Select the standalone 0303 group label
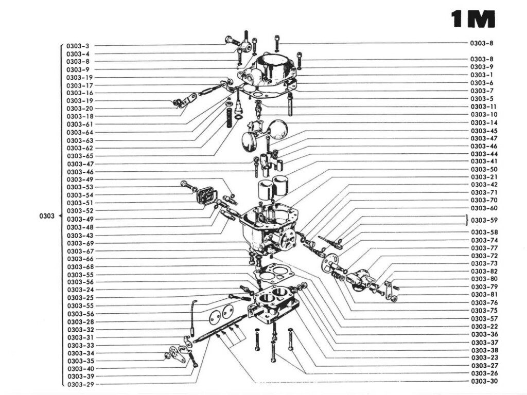(47, 216)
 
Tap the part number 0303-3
(78, 46)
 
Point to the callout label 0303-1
(482, 75)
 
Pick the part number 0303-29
(80, 384)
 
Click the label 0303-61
(80, 124)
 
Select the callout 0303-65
(80, 156)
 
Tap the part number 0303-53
(80, 187)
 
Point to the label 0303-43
(80, 235)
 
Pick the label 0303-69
(80, 243)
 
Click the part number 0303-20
(80, 109)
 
